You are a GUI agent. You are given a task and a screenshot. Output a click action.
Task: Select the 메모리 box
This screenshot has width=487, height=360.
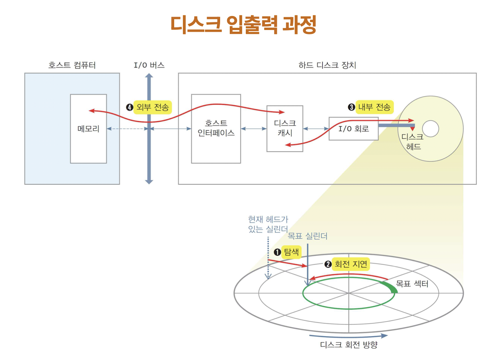point(88,129)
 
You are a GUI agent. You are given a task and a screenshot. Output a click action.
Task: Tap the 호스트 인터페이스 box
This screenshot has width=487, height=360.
point(216,128)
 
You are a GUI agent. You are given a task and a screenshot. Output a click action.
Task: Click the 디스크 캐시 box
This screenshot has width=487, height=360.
point(285,128)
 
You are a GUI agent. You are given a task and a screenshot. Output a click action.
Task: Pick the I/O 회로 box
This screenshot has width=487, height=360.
point(353,128)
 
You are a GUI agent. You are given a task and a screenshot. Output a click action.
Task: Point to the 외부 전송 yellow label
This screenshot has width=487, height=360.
point(153,107)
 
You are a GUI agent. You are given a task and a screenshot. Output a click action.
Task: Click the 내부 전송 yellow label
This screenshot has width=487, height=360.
point(374,107)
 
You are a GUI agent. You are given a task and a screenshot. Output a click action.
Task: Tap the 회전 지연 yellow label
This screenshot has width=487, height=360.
point(351,264)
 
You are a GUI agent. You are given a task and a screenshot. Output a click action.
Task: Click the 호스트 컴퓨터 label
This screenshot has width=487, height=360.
point(72,65)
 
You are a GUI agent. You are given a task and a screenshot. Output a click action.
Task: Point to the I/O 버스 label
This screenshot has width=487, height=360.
point(149,65)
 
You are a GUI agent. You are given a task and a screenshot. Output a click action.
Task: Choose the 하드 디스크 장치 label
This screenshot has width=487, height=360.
point(327,65)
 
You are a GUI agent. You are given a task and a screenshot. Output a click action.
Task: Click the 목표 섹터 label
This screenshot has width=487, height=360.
point(412,283)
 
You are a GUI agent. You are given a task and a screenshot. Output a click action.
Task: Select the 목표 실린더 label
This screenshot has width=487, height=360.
point(307,236)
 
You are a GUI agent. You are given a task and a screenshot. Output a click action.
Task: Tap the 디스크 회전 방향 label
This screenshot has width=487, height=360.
point(349,345)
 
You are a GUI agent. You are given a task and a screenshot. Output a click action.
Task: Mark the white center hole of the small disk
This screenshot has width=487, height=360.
point(431,129)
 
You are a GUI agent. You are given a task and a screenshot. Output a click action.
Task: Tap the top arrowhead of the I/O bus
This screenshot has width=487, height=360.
point(149,76)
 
